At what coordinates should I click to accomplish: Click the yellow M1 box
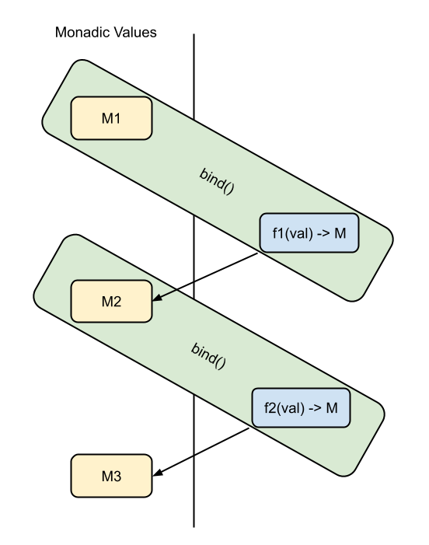(x=111, y=118)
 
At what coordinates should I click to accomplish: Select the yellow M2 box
(x=111, y=301)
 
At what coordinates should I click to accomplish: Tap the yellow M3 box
(x=111, y=476)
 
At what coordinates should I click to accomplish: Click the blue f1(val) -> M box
(x=309, y=233)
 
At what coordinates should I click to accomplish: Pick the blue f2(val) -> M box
(x=301, y=407)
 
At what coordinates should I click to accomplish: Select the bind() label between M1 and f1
(x=217, y=181)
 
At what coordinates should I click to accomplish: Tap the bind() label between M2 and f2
(x=208, y=356)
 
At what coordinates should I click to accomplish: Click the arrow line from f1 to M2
(x=205, y=277)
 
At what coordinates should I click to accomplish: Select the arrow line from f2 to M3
(x=201, y=452)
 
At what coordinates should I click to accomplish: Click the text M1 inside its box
(x=111, y=118)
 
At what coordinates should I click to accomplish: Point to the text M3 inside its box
(x=111, y=476)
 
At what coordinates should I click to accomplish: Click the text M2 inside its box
(x=111, y=302)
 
